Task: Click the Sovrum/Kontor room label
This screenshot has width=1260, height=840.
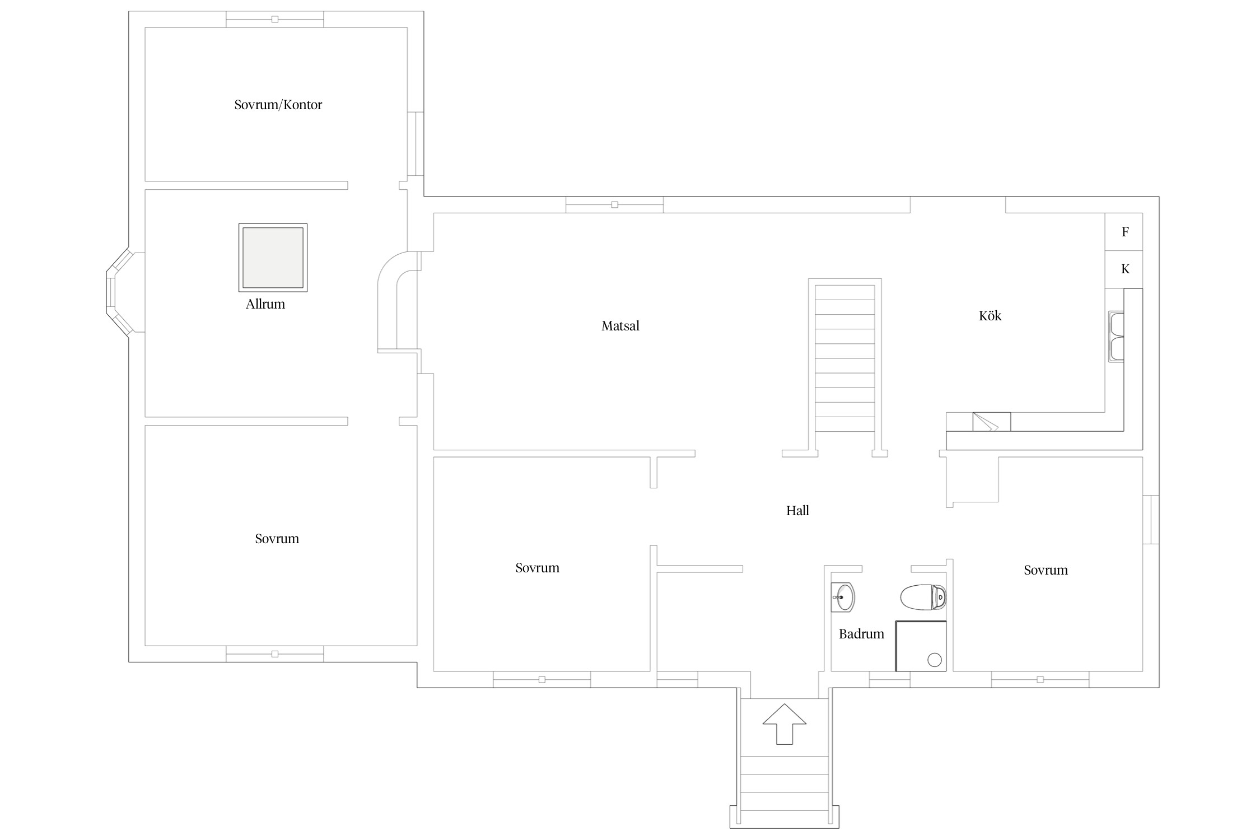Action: point(278,105)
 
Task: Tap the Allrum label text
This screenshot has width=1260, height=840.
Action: point(265,304)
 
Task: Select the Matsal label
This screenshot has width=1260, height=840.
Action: point(620,326)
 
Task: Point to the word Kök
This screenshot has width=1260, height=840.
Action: point(990,316)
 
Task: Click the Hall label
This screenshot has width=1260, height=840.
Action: point(797,511)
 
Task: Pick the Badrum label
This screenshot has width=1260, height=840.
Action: point(861,634)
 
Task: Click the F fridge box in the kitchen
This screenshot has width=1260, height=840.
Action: point(1123,232)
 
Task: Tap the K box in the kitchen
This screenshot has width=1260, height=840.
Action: point(1123,269)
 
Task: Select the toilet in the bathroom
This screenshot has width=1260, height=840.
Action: point(923,598)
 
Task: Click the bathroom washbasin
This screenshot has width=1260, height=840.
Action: point(843,597)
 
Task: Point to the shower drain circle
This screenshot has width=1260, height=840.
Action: point(935,660)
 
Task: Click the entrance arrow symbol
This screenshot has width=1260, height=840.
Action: point(784,724)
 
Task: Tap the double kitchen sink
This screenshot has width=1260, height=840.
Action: point(1116,337)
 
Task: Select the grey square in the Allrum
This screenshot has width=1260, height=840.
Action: point(273,258)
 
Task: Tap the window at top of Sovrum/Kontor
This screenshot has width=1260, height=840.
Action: point(274,19)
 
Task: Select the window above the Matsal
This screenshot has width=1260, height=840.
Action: point(614,204)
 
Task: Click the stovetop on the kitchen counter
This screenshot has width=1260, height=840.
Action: point(991,422)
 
